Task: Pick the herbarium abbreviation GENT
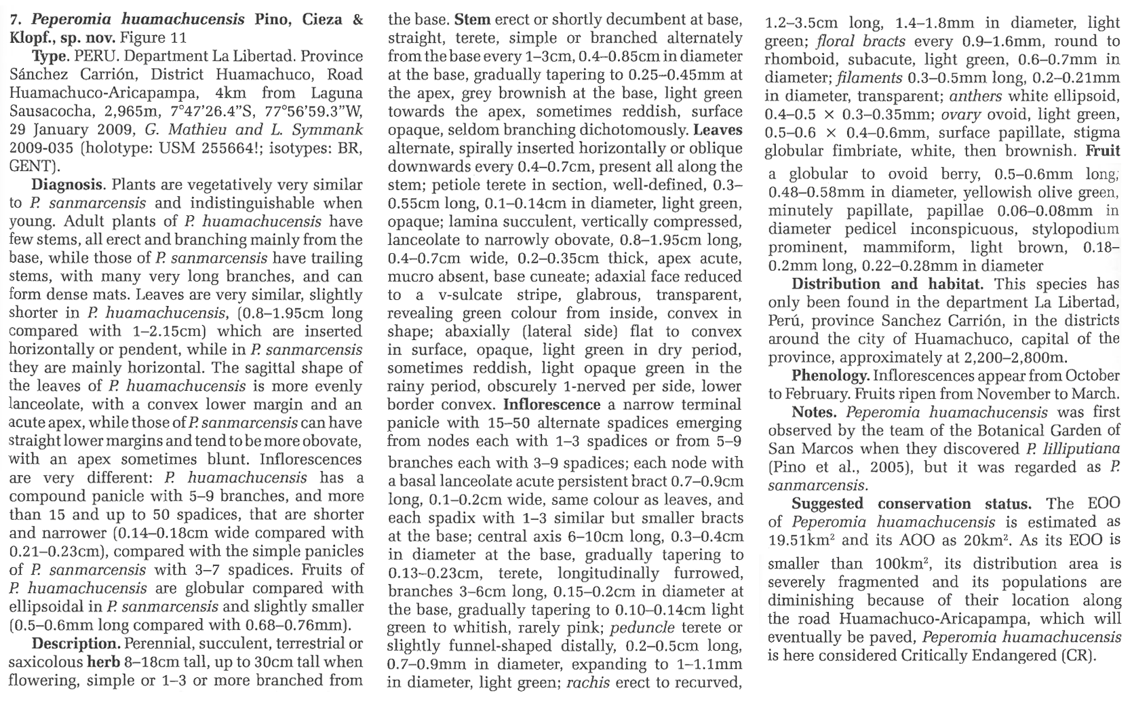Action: click(31, 166)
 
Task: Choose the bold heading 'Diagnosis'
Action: click(66, 184)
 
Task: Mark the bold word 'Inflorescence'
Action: click(551, 404)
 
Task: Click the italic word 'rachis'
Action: click(587, 683)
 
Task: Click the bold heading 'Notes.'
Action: click(815, 412)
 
